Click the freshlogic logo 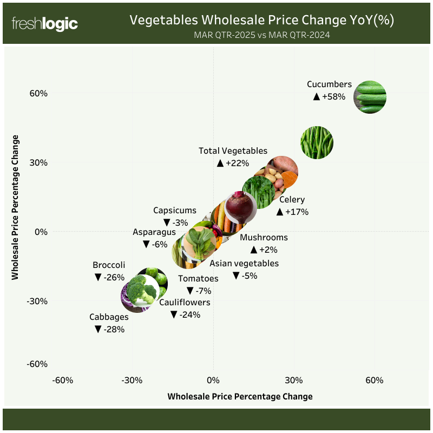point(45,24)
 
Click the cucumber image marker point(370,97)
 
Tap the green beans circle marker point(317,142)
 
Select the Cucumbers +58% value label point(330,96)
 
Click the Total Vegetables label point(233,151)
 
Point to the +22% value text point(233,163)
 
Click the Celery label point(292,200)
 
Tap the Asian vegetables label point(244,264)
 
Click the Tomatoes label point(198,279)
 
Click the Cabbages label point(109,317)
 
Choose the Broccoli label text point(109,265)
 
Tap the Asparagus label point(154,232)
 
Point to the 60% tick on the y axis point(38,93)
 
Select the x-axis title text point(240,396)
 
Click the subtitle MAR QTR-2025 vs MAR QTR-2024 point(262,35)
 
